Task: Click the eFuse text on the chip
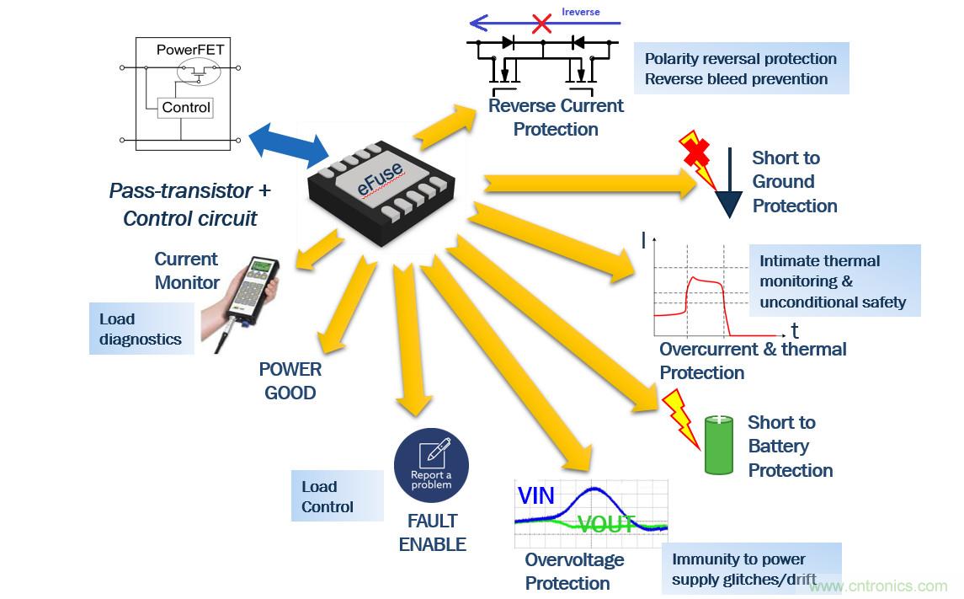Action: [x=380, y=179]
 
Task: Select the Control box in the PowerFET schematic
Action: [x=186, y=108]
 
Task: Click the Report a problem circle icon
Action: [x=431, y=466]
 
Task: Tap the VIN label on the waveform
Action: [x=535, y=495]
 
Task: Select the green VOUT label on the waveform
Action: [x=607, y=525]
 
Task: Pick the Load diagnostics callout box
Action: [x=141, y=329]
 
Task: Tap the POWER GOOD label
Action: [x=290, y=381]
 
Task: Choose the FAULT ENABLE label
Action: [x=432, y=532]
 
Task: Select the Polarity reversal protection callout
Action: [x=740, y=69]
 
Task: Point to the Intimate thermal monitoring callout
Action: [x=833, y=281]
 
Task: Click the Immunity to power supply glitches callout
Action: [x=750, y=570]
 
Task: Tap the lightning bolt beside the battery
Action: [x=681, y=417]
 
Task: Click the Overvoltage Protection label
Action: [x=574, y=571]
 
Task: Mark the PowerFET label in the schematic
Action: [x=190, y=50]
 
